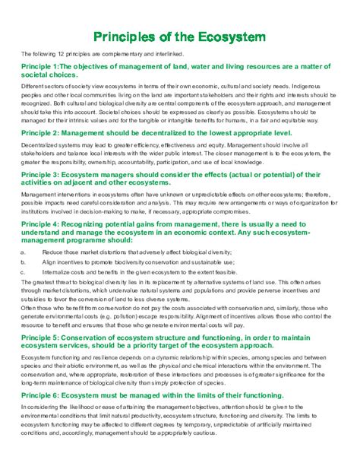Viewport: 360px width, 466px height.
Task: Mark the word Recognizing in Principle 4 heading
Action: pos(92,226)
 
